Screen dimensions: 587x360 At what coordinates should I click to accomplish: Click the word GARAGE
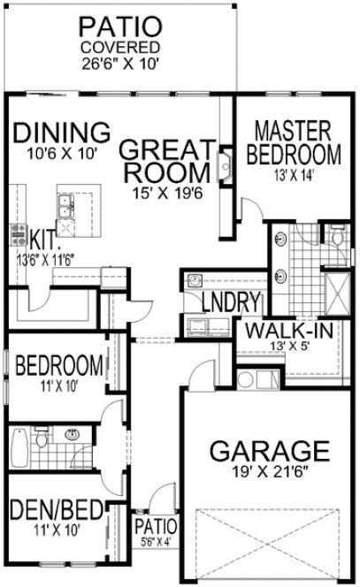(263, 451)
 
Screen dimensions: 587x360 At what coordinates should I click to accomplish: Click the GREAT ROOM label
(168, 159)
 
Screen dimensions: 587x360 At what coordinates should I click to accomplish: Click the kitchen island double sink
(64, 209)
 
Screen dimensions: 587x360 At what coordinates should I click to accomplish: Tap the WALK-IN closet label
(279, 331)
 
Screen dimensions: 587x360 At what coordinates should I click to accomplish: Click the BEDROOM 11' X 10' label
(59, 366)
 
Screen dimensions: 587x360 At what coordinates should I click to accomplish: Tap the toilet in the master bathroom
(336, 236)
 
